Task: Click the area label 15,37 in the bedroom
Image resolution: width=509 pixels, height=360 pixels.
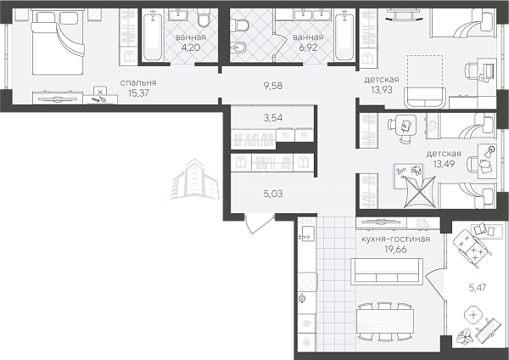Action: coord(138,93)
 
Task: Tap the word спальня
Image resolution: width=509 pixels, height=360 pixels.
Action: coord(138,83)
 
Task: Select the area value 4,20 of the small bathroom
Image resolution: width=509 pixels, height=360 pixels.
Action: coord(191,48)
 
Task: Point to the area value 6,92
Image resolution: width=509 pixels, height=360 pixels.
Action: coord(308,48)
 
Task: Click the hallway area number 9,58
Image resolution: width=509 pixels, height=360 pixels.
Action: coord(273,86)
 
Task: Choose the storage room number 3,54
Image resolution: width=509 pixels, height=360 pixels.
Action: coord(273,118)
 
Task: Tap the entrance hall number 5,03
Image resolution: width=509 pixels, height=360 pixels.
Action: coord(273,194)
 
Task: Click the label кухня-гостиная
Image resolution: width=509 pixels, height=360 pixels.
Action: coord(395,239)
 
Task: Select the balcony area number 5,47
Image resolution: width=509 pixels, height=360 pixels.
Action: coord(478,287)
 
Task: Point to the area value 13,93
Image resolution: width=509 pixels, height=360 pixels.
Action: coord(382,90)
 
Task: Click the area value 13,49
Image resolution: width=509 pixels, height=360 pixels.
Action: coord(444,164)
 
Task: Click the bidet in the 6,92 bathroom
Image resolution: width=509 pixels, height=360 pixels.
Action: coord(238,48)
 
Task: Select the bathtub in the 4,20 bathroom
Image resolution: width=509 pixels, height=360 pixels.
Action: coord(152,36)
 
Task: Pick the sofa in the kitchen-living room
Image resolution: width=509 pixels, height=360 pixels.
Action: coord(389,271)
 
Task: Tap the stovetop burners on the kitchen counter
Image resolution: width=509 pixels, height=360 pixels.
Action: coord(307,282)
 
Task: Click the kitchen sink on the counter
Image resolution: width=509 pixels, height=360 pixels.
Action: coord(307,233)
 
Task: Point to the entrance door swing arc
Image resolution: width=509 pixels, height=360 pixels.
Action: coord(257,226)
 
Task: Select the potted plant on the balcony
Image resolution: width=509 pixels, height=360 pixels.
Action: coord(465,336)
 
